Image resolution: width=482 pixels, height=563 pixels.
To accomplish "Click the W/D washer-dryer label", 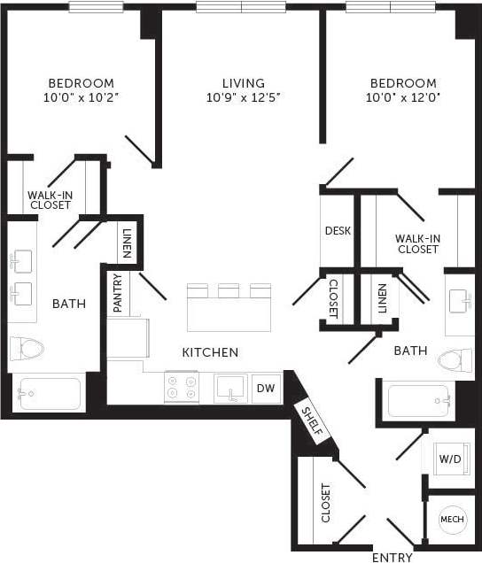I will click(448, 459).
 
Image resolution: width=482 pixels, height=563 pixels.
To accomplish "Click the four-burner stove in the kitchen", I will click(182, 387).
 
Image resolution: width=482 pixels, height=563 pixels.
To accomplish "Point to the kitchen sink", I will click(230, 387).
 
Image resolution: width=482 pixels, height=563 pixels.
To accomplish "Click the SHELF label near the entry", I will click(313, 423).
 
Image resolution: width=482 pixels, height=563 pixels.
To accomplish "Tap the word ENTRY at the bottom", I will click(391, 557).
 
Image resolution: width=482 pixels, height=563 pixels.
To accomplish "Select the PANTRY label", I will click(118, 293).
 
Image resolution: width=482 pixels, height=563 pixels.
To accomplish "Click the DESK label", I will click(338, 231).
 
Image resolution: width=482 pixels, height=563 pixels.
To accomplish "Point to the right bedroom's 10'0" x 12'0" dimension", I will click(403, 97).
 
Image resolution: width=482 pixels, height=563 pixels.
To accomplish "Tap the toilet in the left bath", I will click(27, 349).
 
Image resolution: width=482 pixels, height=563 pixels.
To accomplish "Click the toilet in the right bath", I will click(455, 359).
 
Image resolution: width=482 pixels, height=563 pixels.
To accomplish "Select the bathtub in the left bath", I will click(49, 393).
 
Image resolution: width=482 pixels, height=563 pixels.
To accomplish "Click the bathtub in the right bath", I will click(421, 400).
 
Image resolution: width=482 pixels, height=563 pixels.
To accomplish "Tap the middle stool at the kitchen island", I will click(229, 290).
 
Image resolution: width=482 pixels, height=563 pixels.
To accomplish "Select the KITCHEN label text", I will click(210, 352).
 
